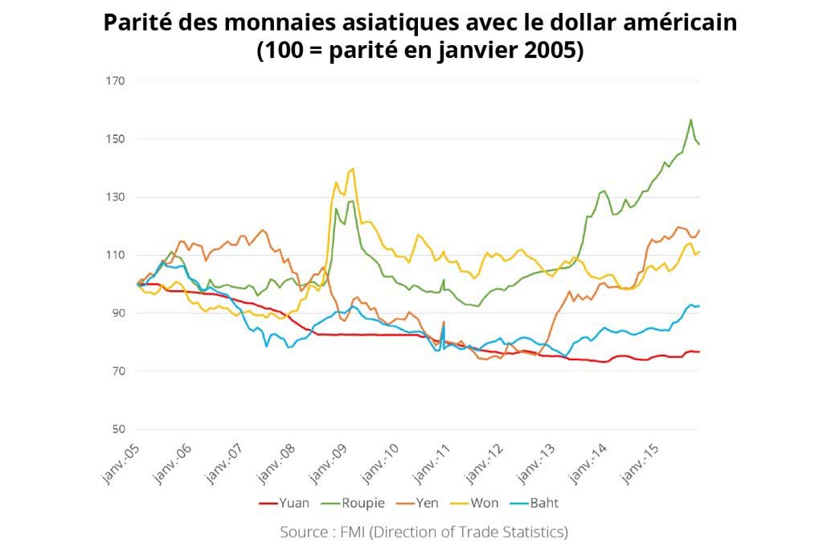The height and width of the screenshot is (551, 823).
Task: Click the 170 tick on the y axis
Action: (113, 81)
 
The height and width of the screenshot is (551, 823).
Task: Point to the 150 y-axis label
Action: (113, 139)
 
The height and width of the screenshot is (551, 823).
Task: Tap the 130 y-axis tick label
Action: (113, 197)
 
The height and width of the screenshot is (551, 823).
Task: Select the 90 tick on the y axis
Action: (116, 313)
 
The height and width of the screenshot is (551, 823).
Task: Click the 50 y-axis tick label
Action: (116, 429)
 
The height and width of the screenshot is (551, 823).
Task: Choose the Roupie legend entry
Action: (354, 504)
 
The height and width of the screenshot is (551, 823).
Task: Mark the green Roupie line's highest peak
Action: (690, 120)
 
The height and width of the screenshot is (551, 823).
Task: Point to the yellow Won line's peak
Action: (352, 169)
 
